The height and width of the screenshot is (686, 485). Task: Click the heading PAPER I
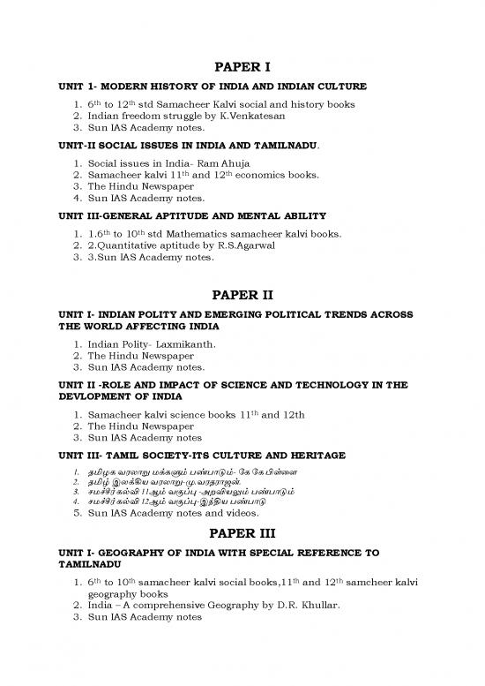[242, 67]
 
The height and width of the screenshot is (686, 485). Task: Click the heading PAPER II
[242, 295]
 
